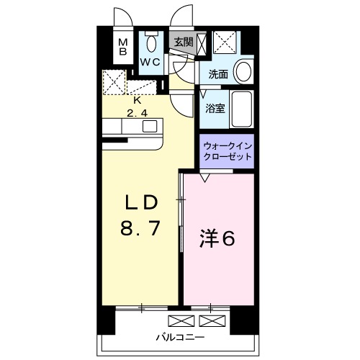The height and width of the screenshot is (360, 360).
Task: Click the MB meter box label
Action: pyautogui.click(x=123, y=48)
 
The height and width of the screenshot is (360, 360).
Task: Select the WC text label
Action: pyautogui.click(x=150, y=63)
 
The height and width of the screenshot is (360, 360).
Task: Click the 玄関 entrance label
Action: pyautogui.click(x=184, y=42)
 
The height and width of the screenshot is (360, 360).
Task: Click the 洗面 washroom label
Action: pyautogui.click(x=218, y=74)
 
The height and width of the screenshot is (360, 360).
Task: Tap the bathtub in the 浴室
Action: pyautogui.click(x=242, y=109)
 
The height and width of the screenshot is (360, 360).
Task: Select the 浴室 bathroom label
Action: pyautogui.click(x=215, y=109)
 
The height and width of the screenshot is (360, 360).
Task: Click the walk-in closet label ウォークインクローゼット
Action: pyautogui.click(x=228, y=151)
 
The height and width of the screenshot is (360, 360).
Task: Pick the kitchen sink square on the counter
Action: pyautogui.click(x=150, y=126)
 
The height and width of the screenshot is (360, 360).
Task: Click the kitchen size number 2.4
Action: pyautogui.click(x=137, y=113)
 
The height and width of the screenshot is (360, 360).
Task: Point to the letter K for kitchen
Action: pyautogui.click(x=138, y=101)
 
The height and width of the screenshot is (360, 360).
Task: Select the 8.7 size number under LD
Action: pyautogui.click(x=140, y=228)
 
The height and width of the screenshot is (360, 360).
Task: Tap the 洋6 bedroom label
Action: pyautogui.click(x=217, y=239)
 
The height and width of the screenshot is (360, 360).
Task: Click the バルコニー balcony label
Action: pyautogui.click(x=180, y=338)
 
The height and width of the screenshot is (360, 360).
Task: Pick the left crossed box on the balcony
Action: pyautogui.click(x=181, y=321)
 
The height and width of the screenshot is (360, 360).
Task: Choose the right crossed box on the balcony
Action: pyautogui.click(x=212, y=321)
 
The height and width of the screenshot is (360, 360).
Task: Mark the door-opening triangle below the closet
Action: pyautogui.click(x=204, y=178)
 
